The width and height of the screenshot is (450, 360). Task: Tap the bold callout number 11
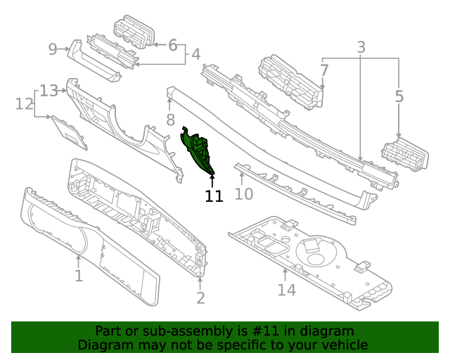(214, 196)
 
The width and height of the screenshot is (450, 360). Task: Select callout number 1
(79, 276)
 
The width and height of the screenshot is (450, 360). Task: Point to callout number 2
(200, 298)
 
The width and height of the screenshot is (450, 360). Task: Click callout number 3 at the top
(361, 48)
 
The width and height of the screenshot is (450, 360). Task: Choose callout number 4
(195, 53)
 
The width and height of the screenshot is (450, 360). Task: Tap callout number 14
(286, 289)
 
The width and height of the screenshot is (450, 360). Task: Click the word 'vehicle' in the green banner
(342, 345)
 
